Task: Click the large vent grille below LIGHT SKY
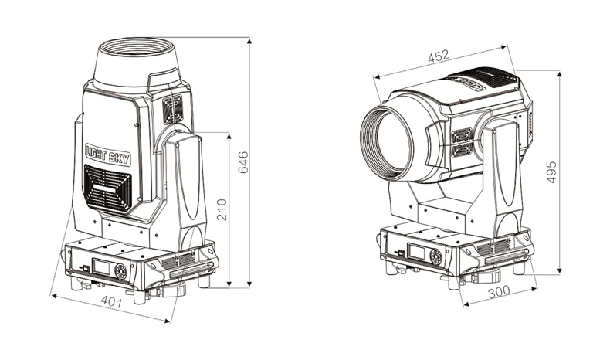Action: [x=108, y=190]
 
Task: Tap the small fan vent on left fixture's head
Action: [x=173, y=109]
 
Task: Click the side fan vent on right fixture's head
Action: [x=462, y=142]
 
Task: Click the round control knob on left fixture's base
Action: [x=120, y=271]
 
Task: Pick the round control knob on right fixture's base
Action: [x=435, y=256]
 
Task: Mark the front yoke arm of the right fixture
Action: [x=502, y=178]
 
